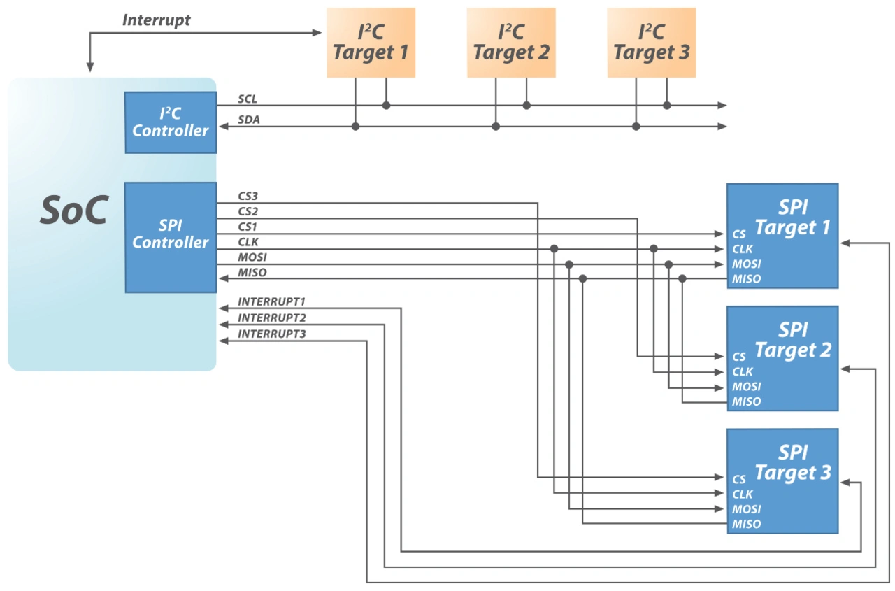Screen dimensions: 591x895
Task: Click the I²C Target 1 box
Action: tap(371, 42)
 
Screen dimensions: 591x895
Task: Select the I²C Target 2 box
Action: tap(511, 42)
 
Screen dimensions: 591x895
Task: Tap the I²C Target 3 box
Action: tap(651, 42)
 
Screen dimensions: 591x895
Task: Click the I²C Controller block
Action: tap(171, 122)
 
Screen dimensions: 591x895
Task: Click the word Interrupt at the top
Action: tap(156, 20)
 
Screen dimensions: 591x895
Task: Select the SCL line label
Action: tap(248, 100)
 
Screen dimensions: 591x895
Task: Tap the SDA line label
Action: tap(249, 120)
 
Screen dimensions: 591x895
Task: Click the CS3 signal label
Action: tap(248, 197)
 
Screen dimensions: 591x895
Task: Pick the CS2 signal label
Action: tap(248, 211)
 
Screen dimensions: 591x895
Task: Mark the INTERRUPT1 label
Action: tap(272, 302)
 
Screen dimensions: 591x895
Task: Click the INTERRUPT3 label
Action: tap(272, 334)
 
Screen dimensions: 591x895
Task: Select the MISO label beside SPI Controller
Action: tap(252, 272)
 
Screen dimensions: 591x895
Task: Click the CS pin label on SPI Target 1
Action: tap(739, 234)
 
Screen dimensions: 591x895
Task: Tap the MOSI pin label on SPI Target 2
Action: tap(747, 387)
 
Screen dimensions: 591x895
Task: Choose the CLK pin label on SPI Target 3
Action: tap(743, 494)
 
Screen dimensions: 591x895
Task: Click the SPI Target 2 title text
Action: tap(793, 341)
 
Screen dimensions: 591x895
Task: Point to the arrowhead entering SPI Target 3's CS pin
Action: tap(720, 477)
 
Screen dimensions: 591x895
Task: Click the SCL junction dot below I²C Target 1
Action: tap(386, 106)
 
